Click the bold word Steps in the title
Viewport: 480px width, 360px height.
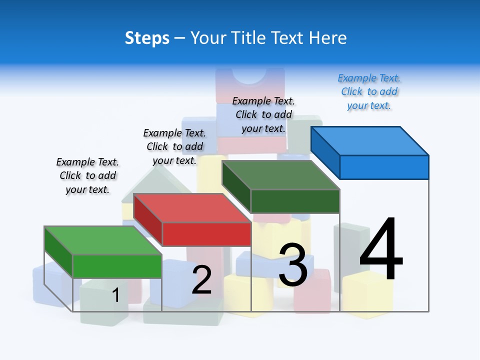pyautogui.click(x=147, y=38)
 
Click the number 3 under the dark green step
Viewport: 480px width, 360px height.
pyautogui.click(x=293, y=265)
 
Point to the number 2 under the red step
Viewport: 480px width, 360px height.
pyautogui.click(x=201, y=280)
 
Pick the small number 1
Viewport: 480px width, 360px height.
pyautogui.click(x=115, y=295)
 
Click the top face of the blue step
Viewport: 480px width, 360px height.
pyautogui.click(x=370, y=140)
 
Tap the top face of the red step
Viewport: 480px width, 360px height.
pyautogui.click(x=192, y=207)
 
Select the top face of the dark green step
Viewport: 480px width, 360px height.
pyautogui.click(x=281, y=175)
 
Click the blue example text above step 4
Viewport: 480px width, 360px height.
pyautogui.click(x=369, y=91)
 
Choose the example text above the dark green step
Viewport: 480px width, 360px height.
pyautogui.click(x=263, y=114)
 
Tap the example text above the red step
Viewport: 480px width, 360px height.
pyautogui.click(x=174, y=146)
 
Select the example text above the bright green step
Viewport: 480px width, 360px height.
pyautogui.click(x=87, y=175)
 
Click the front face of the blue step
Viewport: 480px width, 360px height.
pyautogui.click(x=384, y=167)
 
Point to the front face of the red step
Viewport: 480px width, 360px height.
pyautogui.click(x=206, y=234)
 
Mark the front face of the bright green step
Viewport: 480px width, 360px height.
pyautogui.click(x=117, y=266)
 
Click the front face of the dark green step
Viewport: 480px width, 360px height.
pyautogui.click(x=295, y=201)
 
